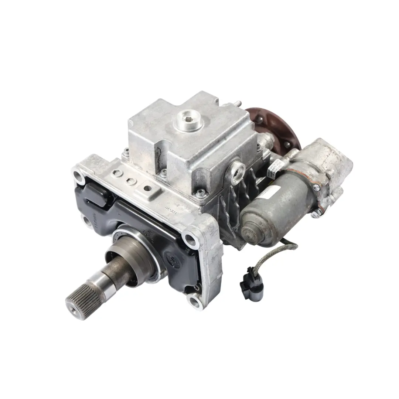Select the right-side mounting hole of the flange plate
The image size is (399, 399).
(190, 239)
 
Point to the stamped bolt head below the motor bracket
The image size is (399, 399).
(317, 214)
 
